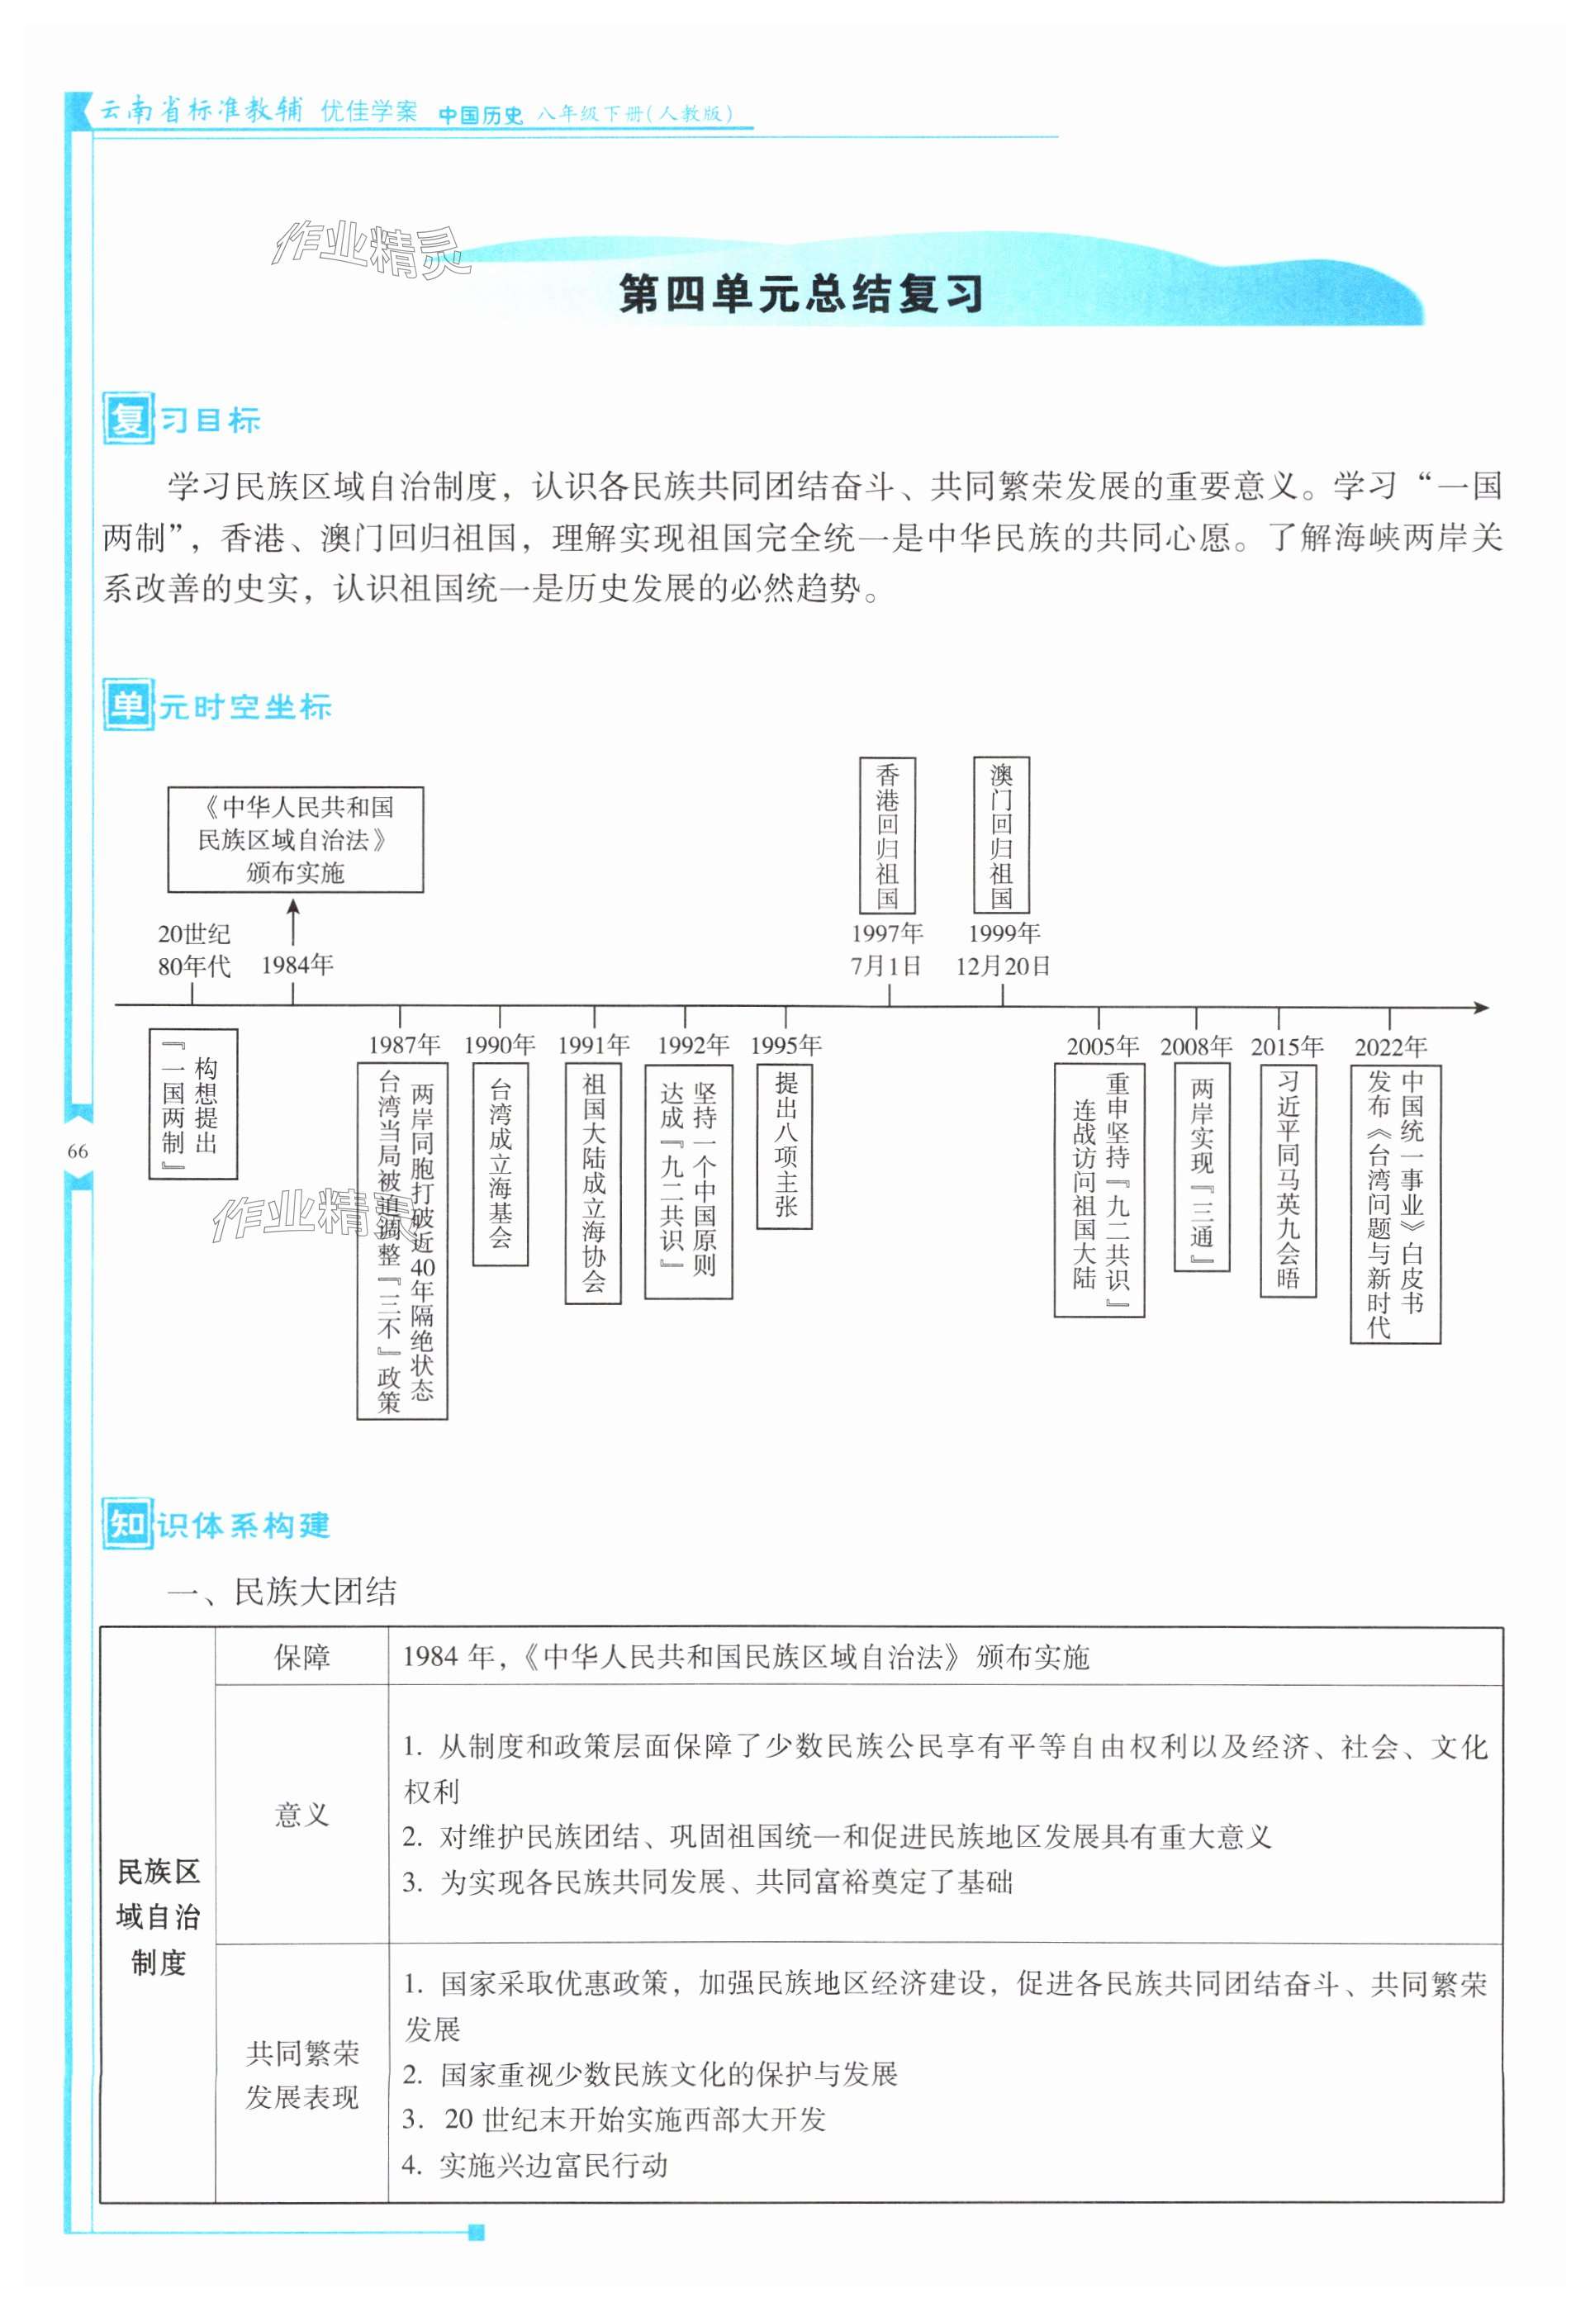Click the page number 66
tap(78, 1151)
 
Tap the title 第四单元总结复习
tap(801, 295)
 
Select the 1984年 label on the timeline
tap(297, 964)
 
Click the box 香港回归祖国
tap(886, 835)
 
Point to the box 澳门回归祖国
tap(1001, 835)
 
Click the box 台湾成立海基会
tap(500, 1164)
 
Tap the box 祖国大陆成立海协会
tap(594, 1182)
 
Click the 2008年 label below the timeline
tap(1195, 1046)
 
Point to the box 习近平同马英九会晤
tap(1289, 1180)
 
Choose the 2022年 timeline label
tap(1391, 1046)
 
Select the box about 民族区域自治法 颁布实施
tap(295, 840)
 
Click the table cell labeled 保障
tap(301, 1657)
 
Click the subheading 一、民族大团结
tap(281, 1591)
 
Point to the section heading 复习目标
tap(183, 420)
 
